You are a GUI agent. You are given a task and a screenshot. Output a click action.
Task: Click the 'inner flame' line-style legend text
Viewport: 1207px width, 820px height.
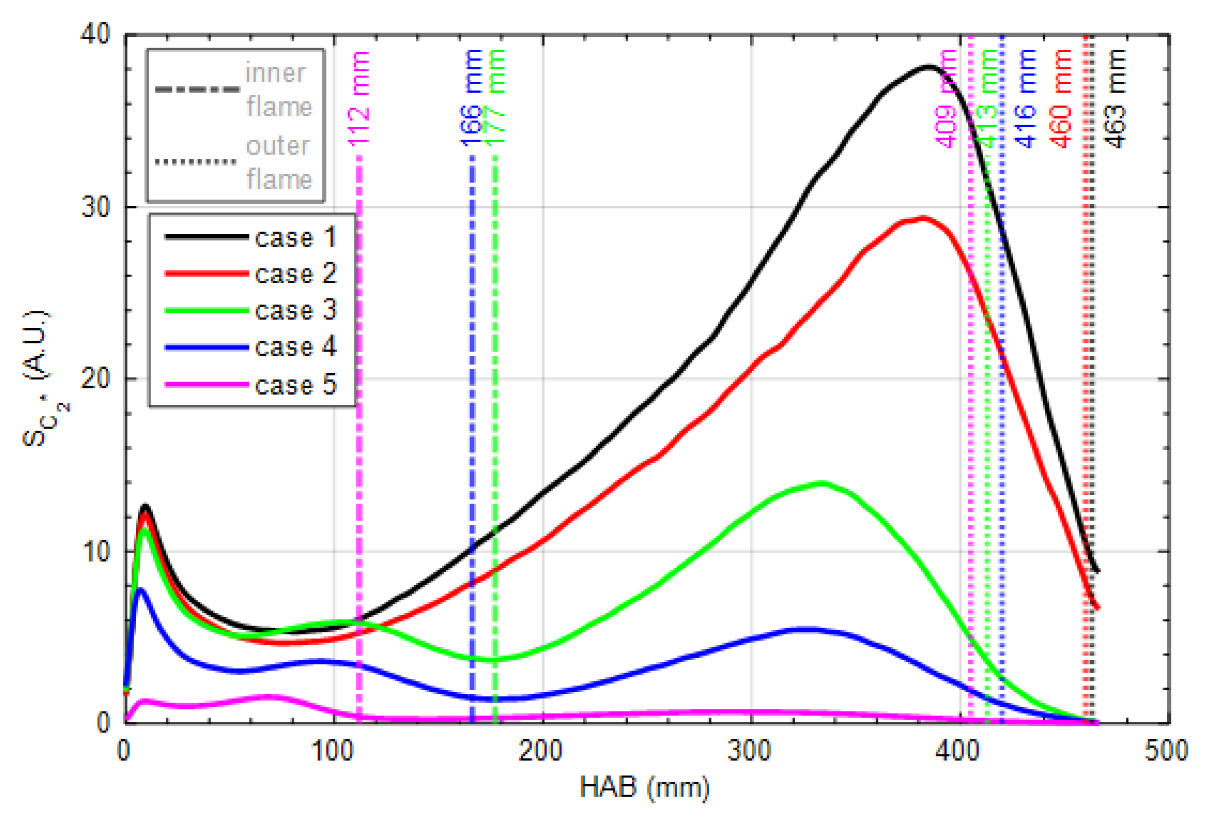click(x=278, y=89)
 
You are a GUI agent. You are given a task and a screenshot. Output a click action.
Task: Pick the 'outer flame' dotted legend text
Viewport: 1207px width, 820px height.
click(x=278, y=162)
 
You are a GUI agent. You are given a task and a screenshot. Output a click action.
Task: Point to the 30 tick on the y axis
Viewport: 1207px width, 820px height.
click(x=97, y=207)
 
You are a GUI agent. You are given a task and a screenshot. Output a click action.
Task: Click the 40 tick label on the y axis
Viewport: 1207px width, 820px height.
click(x=96, y=34)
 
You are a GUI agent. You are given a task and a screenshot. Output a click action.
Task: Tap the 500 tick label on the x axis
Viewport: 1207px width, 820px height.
click(x=1166, y=750)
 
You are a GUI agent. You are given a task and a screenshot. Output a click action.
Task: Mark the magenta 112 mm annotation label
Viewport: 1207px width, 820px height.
click(x=359, y=99)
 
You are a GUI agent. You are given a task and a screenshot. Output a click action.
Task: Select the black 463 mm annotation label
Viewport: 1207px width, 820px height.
click(x=1116, y=99)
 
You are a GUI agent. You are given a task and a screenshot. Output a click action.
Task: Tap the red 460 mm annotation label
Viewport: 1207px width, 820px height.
click(x=1061, y=99)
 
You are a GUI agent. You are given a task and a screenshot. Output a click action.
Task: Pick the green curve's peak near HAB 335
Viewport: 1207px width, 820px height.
click(x=821, y=484)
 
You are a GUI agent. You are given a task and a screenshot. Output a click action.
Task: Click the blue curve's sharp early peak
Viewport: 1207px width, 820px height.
click(x=140, y=590)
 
